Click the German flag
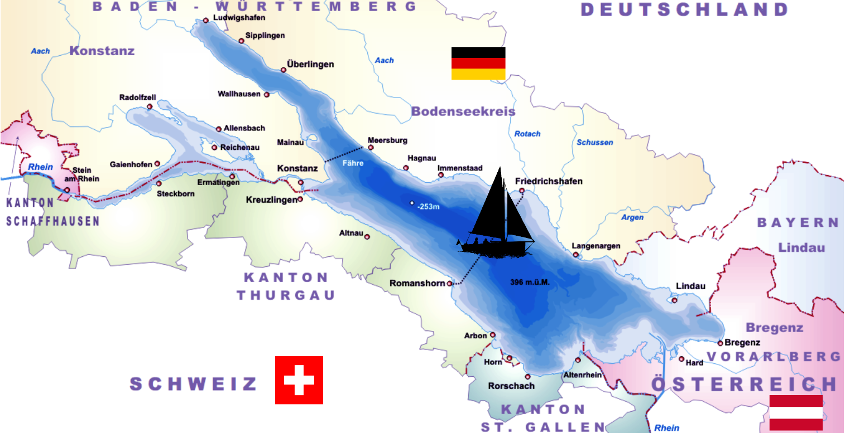point(478,63)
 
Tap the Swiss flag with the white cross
point(299,380)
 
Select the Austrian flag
point(796,412)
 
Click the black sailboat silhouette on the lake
point(496,223)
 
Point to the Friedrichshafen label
point(549,181)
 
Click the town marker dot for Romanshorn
point(450,283)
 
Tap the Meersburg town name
point(387,140)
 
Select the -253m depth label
point(429,207)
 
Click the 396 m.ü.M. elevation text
point(530,283)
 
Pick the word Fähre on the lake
point(353,163)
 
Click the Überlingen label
point(310,64)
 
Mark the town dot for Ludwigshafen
point(205,20)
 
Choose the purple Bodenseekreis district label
point(463,111)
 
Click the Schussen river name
point(595,143)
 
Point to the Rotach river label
point(527,134)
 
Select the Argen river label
point(632,217)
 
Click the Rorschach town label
point(511,386)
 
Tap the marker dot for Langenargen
point(575,255)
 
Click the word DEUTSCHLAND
point(684,9)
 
